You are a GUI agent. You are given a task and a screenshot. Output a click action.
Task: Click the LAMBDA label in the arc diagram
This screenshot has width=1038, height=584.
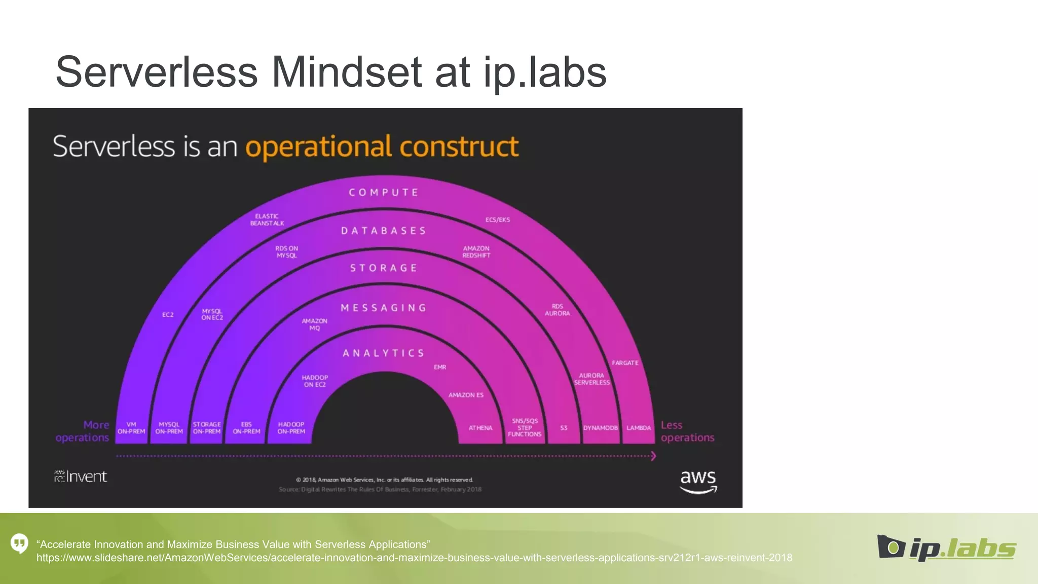click(x=638, y=428)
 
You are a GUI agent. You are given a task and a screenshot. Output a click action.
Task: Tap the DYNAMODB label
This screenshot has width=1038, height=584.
click(x=600, y=428)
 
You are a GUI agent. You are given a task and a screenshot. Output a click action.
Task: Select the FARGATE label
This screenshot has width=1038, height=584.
click(x=625, y=363)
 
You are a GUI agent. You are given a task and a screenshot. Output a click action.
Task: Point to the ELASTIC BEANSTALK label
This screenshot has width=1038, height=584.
click(x=267, y=220)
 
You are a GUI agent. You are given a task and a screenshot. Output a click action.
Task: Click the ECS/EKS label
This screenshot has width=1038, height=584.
click(x=498, y=220)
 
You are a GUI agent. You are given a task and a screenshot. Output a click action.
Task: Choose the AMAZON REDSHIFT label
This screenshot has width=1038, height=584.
click(x=476, y=252)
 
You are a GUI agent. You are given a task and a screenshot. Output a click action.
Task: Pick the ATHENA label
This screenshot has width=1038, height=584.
click(x=480, y=428)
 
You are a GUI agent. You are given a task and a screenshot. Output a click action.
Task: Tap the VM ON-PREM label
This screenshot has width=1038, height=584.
click(x=131, y=428)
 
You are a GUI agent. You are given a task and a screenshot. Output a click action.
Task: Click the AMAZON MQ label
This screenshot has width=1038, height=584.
click(x=315, y=324)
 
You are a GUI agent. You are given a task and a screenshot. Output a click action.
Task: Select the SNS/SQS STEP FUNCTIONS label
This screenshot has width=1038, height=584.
click(x=525, y=427)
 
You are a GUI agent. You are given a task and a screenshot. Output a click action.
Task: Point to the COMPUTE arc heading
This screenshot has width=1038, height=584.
click(x=384, y=193)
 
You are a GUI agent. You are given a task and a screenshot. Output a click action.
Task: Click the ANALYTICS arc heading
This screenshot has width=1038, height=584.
click(x=384, y=353)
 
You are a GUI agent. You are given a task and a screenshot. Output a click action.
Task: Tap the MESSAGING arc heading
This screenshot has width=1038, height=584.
click(x=384, y=308)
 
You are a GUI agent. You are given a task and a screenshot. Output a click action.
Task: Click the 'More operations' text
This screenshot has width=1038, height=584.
click(x=83, y=431)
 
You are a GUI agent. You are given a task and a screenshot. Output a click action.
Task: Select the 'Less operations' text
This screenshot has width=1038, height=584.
click(x=687, y=431)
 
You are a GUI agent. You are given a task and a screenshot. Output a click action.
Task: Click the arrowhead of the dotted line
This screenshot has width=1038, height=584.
click(x=653, y=456)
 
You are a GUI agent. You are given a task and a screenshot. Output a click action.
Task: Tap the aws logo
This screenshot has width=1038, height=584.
click(x=698, y=482)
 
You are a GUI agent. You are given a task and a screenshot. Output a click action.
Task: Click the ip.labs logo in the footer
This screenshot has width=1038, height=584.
click(x=946, y=548)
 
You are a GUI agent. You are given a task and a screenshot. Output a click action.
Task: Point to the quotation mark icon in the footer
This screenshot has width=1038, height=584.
click(x=19, y=543)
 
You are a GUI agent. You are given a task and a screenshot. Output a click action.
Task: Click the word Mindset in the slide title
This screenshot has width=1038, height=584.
click(x=346, y=72)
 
